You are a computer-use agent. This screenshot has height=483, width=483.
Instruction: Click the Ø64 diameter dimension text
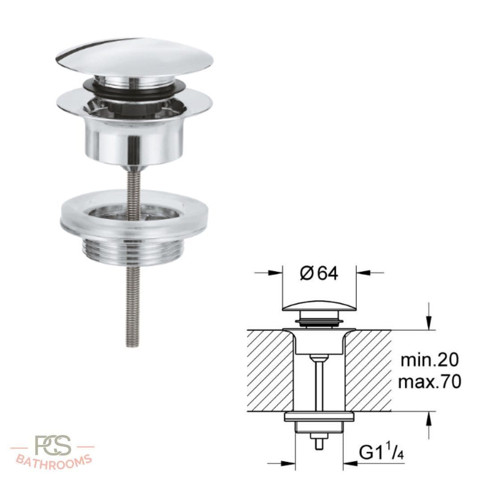(319, 273)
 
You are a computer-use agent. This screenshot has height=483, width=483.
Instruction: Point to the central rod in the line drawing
(319, 385)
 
